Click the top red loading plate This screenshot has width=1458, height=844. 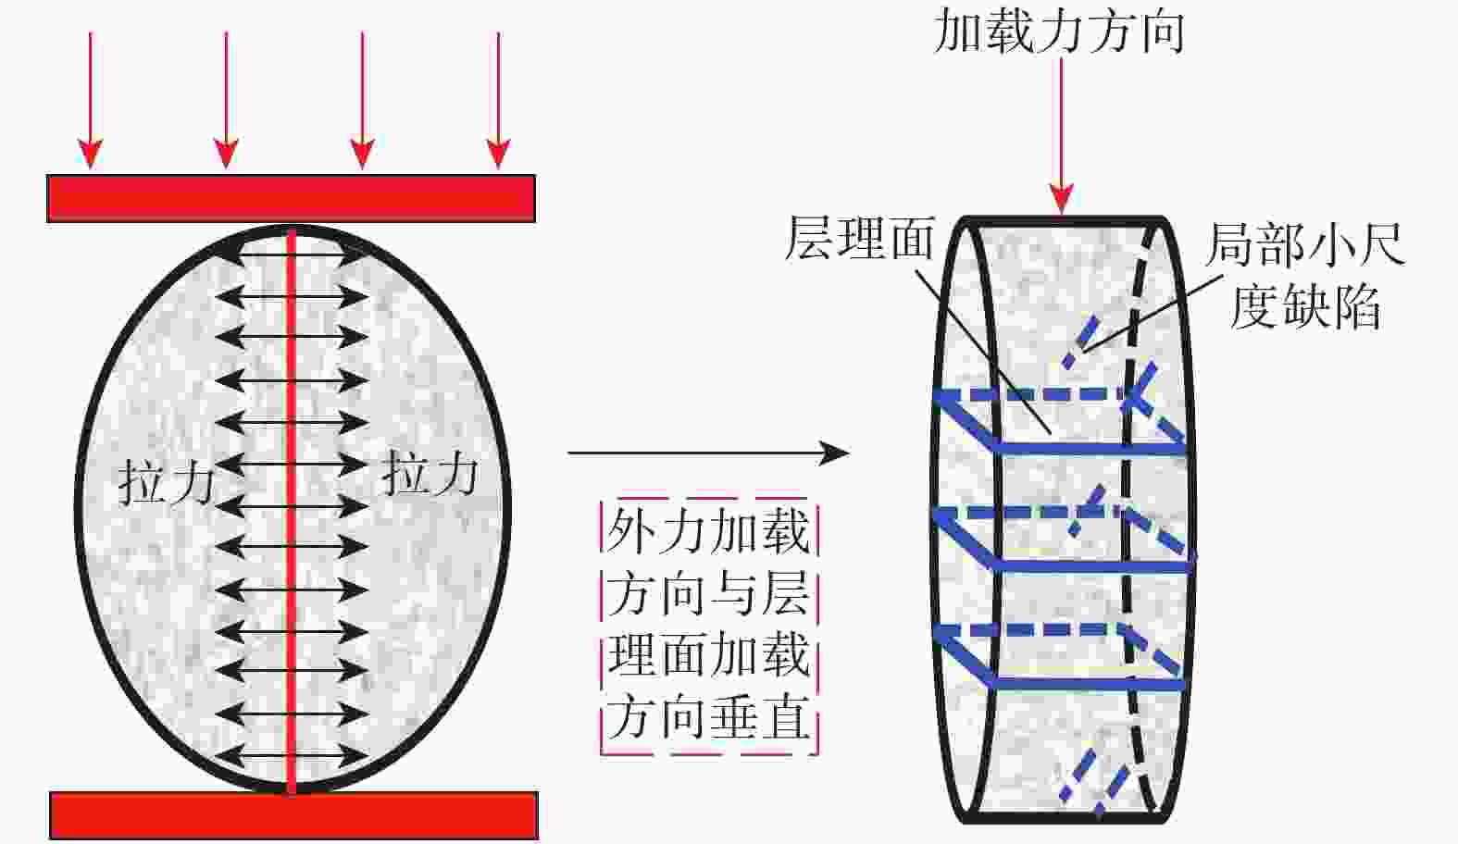point(291,198)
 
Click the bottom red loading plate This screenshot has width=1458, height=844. point(293,814)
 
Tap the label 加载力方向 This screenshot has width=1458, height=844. point(1059,31)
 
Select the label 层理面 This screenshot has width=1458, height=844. point(859,239)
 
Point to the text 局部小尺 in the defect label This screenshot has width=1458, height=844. point(1304,245)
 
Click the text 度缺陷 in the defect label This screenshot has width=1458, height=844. point(1304,306)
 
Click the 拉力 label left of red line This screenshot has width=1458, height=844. point(167,483)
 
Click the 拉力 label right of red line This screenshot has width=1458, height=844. point(430,474)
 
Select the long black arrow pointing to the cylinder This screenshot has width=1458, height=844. point(708,453)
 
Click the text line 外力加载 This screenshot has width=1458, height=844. point(708,530)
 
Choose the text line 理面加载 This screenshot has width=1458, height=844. point(708,655)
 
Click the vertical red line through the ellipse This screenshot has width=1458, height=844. point(292,509)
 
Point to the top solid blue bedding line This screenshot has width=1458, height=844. point(1088,448)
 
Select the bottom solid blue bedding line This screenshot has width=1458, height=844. point(1088,684)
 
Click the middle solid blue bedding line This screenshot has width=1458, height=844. point(1088,565)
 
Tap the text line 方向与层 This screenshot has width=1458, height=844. point(708,593)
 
